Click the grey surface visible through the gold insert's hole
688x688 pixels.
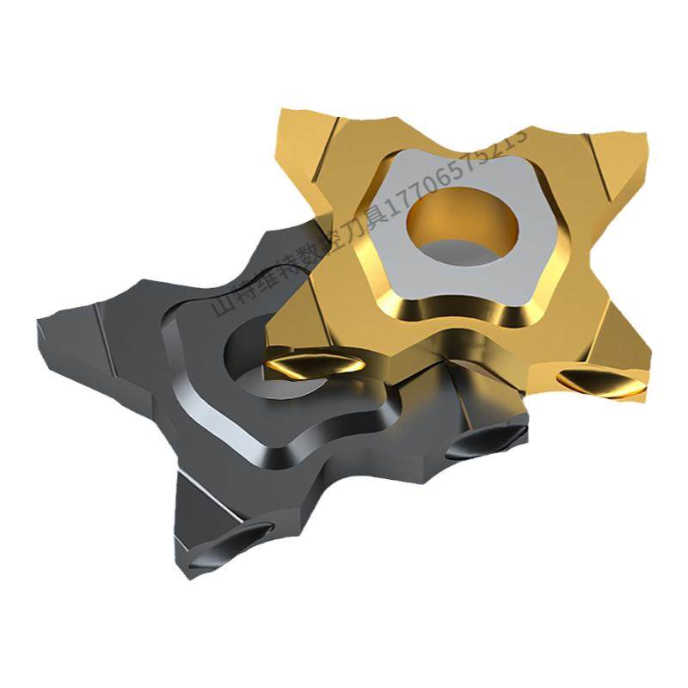469,249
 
